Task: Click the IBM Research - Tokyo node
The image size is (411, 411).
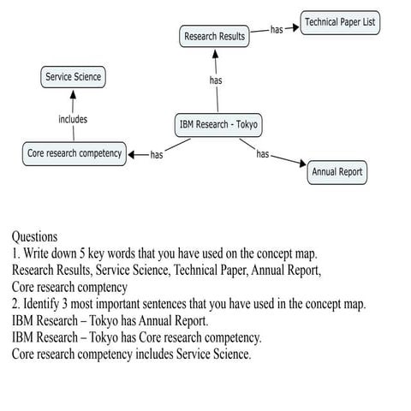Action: point(217,125)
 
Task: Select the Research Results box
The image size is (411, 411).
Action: point(214,37)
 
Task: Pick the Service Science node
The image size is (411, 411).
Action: point(73,77)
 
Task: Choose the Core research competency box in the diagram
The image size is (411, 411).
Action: point(74,154)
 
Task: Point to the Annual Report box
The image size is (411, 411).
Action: point(337,172)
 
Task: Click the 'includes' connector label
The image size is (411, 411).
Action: point(73,120)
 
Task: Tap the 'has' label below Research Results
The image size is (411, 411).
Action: point(217,81)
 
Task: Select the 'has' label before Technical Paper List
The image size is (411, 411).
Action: point(277,29)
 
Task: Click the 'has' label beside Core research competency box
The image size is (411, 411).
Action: point(157,155)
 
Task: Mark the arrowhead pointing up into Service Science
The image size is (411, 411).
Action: point(73,92)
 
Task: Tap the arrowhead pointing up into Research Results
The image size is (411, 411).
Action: point(217,53)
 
